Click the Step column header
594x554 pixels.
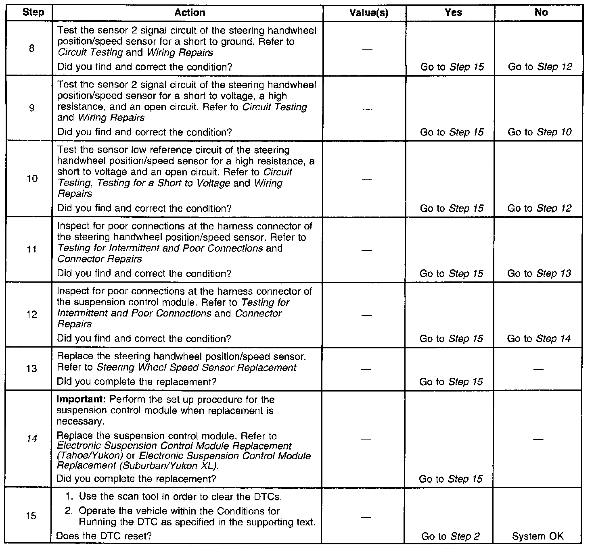click(x=33, y=12)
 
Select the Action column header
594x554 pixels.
click(x=190, y=12)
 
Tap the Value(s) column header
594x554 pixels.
click(x=368, y=13)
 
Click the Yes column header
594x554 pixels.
click(x=453, y=12)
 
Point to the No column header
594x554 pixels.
click(x=541, y=12)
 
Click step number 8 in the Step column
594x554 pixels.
click(x=32, y=48)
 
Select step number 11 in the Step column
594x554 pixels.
click(x=31, y=250)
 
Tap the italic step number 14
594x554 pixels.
click(x=31, y=438)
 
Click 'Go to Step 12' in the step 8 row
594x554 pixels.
click(x=540, y=67)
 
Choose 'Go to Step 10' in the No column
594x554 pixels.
click(x=540, y=132)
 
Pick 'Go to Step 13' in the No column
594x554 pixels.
click(x=539, y=274)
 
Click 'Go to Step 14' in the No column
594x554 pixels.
click(x=539, y=339)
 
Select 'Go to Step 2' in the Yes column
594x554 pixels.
click(x=450, y=537)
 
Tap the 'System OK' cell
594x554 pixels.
click(x=538, y=537)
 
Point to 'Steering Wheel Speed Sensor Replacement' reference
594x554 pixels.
click(x=197, y=368)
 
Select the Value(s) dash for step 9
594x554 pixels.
click(x=367, y=108)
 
